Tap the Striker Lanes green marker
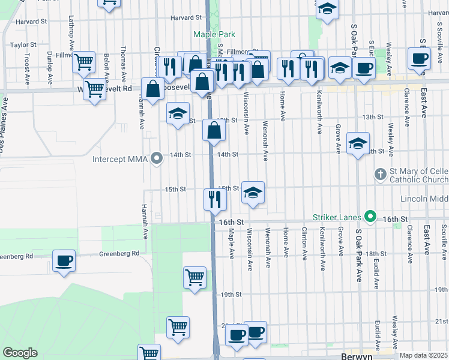[x=371, y=217]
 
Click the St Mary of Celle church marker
[x=379, y=175]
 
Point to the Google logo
[x=20, y=353]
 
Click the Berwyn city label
[x=357, y=356]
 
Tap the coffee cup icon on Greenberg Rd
[x=64, y=261]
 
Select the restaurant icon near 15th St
[x=215, y=199]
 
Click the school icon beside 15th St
[x=253, y=192]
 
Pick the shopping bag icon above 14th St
[x=214, y=130]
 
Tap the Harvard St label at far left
[x=34, y=22]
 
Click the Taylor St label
[x=23, y=45]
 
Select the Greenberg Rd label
[x=119, y=254]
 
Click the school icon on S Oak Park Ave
[x=358, y=143]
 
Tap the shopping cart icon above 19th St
[x=194, y=278]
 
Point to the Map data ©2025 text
[x=423, y=355]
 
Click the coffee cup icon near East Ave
[x=418, y=59]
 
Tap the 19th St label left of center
[x=231, y=295]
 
